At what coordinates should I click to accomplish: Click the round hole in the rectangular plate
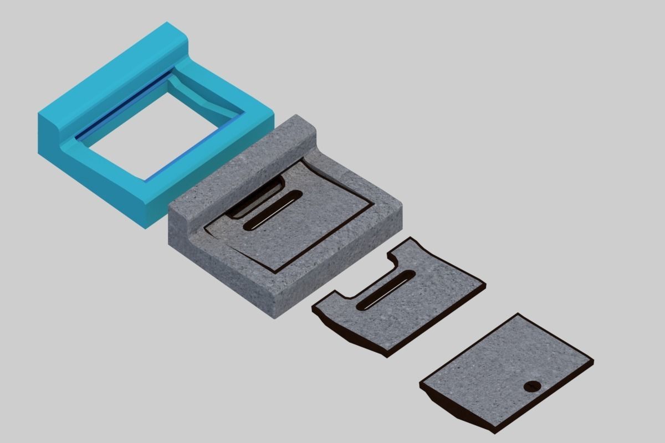(533, 387)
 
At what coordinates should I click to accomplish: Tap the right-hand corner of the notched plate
(484, 285)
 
